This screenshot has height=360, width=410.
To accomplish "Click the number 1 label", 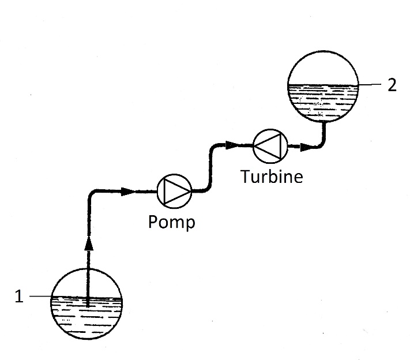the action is pyautogui.click(x=19, y=296).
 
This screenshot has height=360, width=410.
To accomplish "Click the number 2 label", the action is pyautogui.click(x=392, y=85).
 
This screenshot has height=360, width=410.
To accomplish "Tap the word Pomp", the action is pyautogui.click(x=171, y=222).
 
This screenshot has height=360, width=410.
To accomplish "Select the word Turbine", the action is pyautogui.click(x=272, y=177).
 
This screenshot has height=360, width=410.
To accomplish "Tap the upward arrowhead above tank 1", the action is pyautogui.click(x=89, y=243).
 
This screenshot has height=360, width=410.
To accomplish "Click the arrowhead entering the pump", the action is pyautogui.click(x=128, y=192).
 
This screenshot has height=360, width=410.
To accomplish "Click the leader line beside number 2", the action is pyautogui.click(x=370, y=84).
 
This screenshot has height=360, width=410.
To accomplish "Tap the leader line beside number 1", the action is pyautogui.click(x=40, y=296).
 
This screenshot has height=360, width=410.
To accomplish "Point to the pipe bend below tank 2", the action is pyautogui.click(x=322, y=144).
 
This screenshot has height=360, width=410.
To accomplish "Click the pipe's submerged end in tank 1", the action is pyautogui.click(x=88, y=305).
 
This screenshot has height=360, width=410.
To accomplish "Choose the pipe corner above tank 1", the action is pyautogui.click(x=91, y=193).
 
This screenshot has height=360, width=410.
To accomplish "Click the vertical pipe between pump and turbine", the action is pyautogui.click(x=210, y=167).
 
